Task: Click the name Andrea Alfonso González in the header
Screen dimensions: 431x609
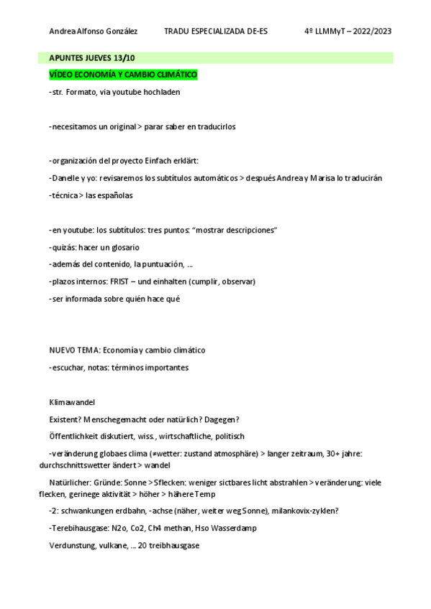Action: [x=94, y=32]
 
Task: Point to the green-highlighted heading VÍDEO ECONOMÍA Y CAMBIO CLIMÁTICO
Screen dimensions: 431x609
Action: [x=123, y=74]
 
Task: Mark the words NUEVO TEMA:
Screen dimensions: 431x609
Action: [x=74, y=350]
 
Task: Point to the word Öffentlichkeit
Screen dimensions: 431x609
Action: [x=76, y=436]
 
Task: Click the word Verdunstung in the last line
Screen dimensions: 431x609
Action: [x=73, y=546]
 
